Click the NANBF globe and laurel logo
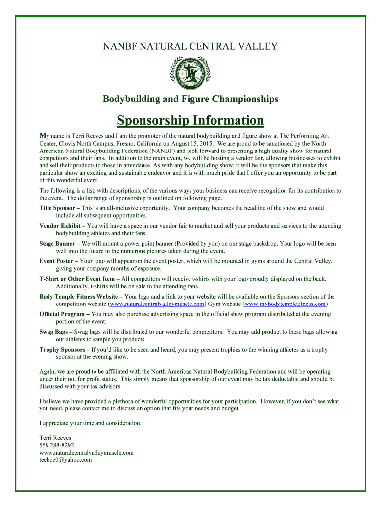[x=190, y=72]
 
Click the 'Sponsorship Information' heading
[x=190, y=121]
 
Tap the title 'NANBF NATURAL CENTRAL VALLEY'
[x=190, y=47]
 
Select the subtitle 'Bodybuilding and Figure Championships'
[x=190, y=99]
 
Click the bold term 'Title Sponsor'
[x=57, y=208]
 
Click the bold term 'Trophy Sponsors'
[x=62, y=350]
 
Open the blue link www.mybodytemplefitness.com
[x=285, y=304]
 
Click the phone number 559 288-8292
[x=56, y=445]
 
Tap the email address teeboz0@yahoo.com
[x=65, y=460]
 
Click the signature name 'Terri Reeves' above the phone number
[x=55, y=438]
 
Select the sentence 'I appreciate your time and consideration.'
[x=90, y=423]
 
